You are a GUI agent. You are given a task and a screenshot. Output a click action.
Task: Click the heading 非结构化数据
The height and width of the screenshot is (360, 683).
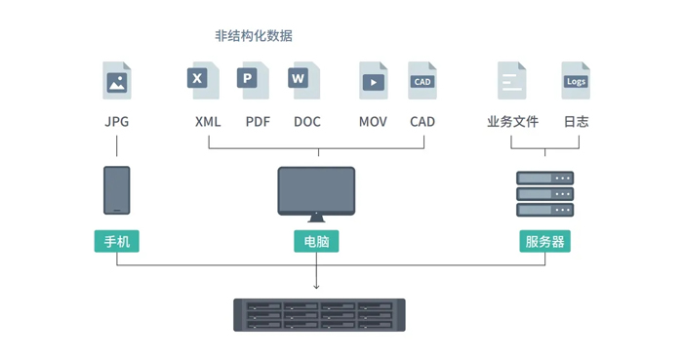pos(253,36)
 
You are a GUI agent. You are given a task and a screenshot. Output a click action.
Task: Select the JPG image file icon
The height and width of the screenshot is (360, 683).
pos(117,80)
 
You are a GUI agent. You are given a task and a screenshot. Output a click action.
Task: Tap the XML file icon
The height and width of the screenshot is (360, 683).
pos(203,80)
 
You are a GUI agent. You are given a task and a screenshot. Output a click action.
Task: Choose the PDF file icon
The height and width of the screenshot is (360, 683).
pos(253,80)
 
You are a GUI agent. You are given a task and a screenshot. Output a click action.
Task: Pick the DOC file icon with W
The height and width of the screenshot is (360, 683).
pos(303,80)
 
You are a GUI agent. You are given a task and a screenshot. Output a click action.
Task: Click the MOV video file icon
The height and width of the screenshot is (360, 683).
pos(373,80)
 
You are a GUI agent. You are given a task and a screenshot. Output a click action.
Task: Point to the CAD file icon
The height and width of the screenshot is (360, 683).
pos(422,80)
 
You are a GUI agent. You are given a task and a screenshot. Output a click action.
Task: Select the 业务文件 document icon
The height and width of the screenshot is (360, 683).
pos(512,80)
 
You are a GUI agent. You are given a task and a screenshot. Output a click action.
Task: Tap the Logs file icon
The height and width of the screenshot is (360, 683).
pos(576,80)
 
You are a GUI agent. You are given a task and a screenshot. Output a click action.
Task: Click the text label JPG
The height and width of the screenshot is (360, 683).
pos(117,122)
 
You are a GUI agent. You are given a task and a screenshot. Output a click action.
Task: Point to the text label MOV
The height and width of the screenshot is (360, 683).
pos(373,122)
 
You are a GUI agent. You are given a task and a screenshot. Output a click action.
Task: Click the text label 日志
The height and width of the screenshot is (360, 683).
pos(576,122)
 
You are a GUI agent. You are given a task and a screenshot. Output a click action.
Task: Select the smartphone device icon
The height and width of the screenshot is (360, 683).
pos(117,190)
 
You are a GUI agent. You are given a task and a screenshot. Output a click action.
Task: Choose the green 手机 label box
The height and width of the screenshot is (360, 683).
pos(117,241)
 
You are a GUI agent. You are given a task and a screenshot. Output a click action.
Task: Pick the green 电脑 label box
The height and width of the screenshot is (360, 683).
pos(316,241)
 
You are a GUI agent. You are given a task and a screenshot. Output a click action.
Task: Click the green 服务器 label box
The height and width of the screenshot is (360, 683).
pos(544,241)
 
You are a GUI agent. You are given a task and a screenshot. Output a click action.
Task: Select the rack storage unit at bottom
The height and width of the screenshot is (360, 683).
pos(319,315)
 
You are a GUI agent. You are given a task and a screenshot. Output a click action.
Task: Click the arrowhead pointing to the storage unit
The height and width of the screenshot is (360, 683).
pos(316,286)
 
